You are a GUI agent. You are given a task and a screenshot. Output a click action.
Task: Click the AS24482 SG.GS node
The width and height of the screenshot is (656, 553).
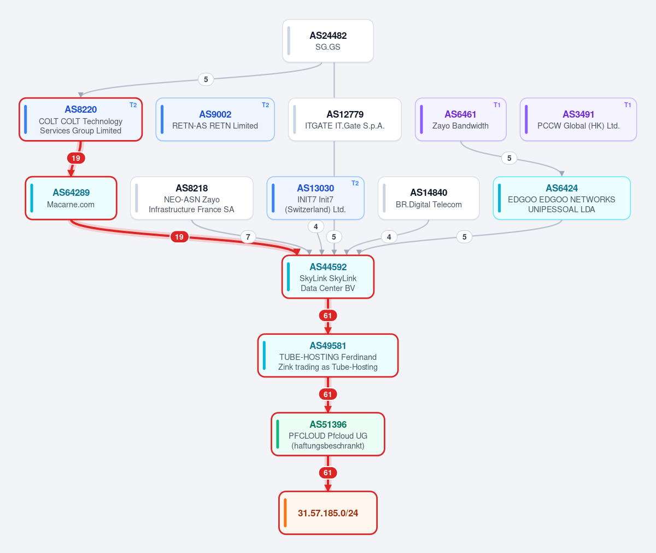pyautogui.click(x=327, y=41)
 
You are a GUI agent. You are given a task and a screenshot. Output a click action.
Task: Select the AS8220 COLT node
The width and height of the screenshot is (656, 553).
pyautogui.click(x=81, y=119)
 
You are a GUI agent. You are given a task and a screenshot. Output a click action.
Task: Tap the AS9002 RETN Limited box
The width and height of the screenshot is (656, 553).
pyautogui.click(x=215, y=119)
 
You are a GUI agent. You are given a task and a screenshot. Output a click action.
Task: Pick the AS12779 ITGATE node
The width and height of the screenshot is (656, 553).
pyautogui.click(x=344, y=119)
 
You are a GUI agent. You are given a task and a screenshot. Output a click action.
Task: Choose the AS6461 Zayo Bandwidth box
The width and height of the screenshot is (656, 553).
pyautogui.click(x=461, y=119)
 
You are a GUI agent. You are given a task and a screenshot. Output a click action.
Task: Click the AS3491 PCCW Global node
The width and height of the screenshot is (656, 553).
pyautogui.click(x=578, y=119)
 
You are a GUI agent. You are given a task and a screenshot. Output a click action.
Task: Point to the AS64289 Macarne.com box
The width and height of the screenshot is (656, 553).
pyautogui.click(x=71, y=198)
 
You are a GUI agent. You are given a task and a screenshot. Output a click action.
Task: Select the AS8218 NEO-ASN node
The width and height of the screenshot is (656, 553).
pyautogui.click(x=192, y=198)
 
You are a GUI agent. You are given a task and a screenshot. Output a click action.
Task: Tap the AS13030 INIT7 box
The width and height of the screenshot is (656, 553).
pyautogui.click(x=315, y=198)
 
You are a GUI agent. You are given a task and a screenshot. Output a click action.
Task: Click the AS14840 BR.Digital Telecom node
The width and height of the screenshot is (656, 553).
pyautogui.click(x=429, y=198)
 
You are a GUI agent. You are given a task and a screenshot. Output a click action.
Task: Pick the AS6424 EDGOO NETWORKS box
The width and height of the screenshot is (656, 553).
pyautogui.click(x=562, y=198)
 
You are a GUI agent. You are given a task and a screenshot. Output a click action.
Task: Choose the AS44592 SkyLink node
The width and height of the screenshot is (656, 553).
pyautogui.click(x=327, y=277)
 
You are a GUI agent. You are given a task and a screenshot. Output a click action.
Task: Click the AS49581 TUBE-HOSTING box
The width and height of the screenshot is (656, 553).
pyautogui.click(x=327, y=355)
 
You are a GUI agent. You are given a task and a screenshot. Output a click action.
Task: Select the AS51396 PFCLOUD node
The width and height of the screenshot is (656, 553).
pyautogui.click(x=327, y=434)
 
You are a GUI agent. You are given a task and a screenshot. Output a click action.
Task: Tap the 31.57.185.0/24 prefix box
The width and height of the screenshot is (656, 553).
pyautogui.click(x=327, y=513)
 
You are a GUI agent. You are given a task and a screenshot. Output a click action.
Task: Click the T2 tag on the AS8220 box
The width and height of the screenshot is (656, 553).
pyautogui.click(x=133, y=105)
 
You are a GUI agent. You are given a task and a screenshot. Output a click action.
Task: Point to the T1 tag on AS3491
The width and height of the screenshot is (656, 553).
pyautogui.click(x=628, y=105)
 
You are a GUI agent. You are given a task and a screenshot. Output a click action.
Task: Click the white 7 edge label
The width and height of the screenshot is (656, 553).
pyautogui.click(x=248, y=237)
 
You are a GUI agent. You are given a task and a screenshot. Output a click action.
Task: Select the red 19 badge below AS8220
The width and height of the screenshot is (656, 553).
pyautogui.click(x=76, y=158)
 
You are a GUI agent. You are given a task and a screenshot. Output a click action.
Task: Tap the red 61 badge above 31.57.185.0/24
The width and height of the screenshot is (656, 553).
pyautogui.click(x=327, y=473)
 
